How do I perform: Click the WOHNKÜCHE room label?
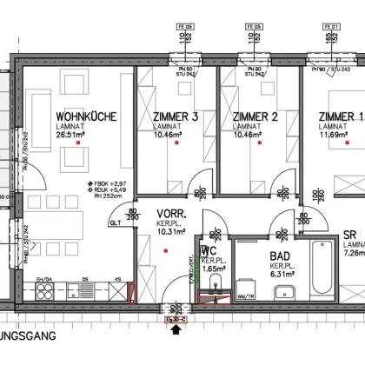click(x=83, y=116)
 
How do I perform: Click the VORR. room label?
click(x=166, y=211)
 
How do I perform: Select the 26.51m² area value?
click(x=75, y=135)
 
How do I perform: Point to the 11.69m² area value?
click(x=336, y=136)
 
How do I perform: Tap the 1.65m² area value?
click(x=212, y=270)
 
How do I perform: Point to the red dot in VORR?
click(x=165, y=251)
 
